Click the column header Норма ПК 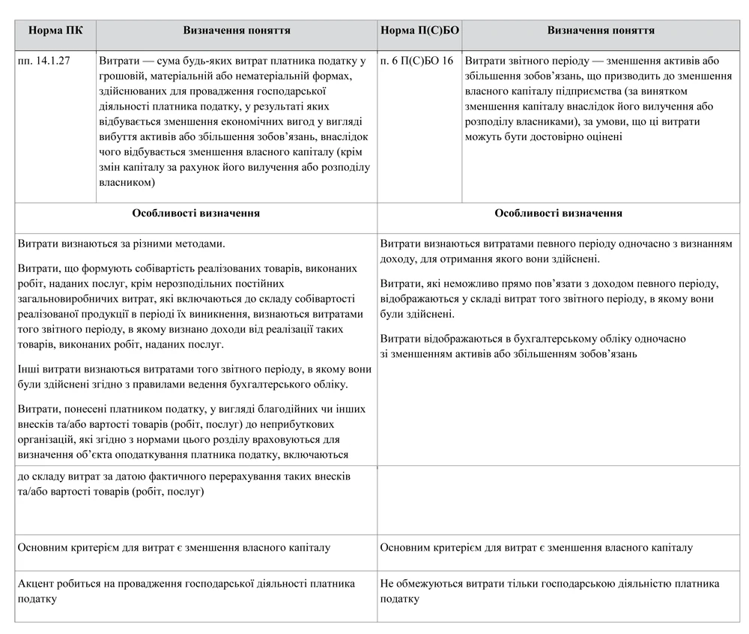pyautogui.click(x=55, y=31)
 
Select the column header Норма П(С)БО pyautogui.click(x=419, y=31)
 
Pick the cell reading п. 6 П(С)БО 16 pyautogui.click(x=416, y=61)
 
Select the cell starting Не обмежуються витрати pyautogui.click(x=550, y=591)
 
